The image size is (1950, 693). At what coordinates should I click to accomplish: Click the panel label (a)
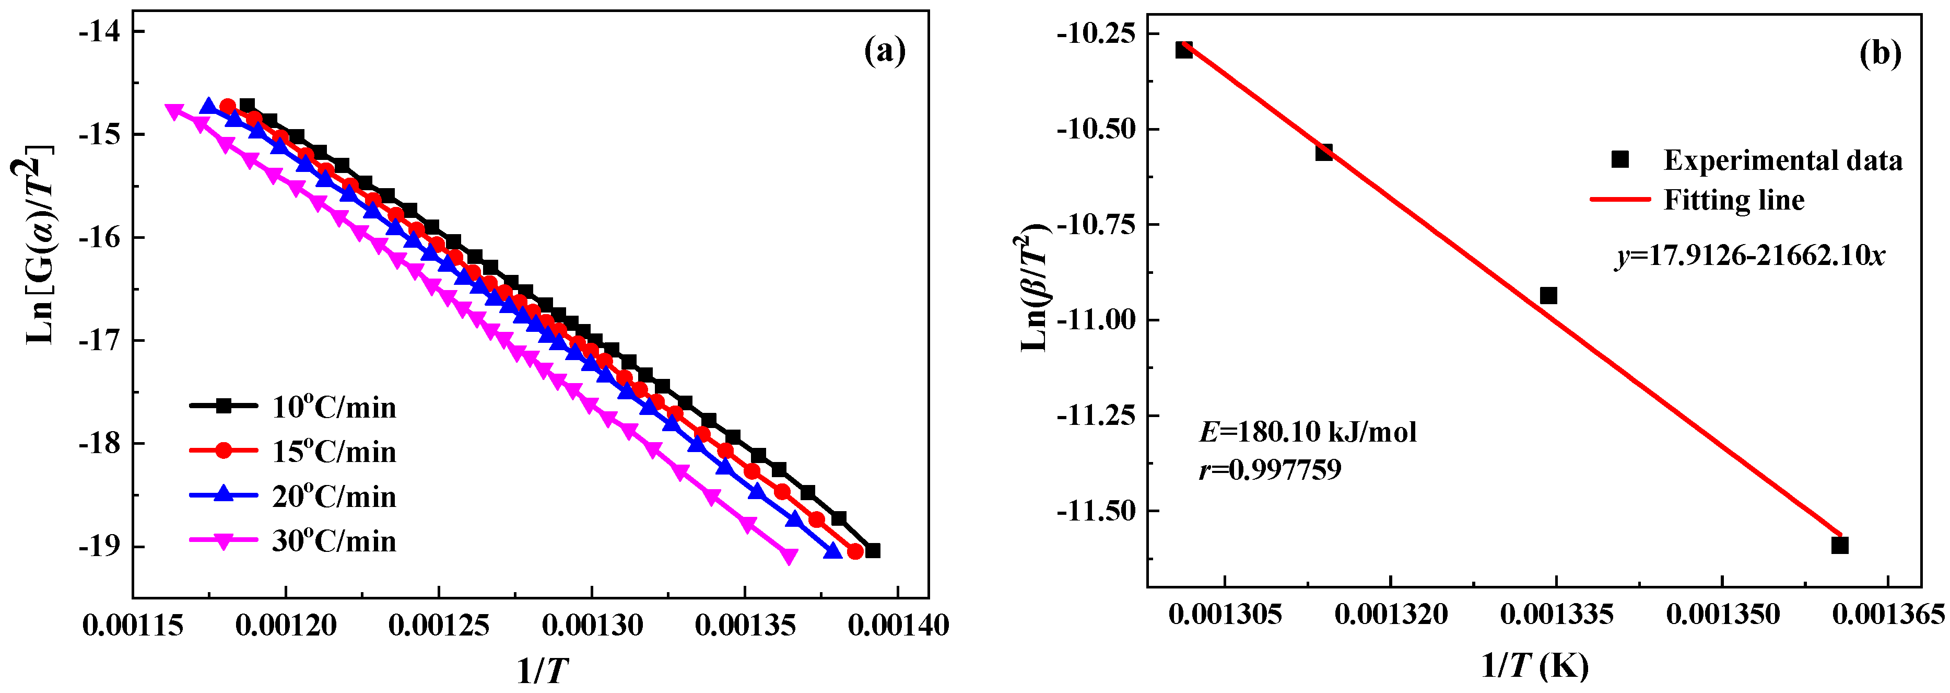[884, 52]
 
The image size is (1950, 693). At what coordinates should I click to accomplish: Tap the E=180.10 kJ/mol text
[1307, 432]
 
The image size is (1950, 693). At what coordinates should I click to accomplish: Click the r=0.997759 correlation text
[1270, 469]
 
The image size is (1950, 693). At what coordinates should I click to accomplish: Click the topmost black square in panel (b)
[1184, 50]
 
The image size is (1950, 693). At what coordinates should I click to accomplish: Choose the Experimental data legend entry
[1756, 160]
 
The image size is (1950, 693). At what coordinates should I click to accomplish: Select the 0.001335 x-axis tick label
[1556, 614]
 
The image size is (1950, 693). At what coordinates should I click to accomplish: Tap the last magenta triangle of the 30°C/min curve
[789, 557]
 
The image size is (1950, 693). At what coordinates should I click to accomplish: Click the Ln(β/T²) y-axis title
[1034, 288]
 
